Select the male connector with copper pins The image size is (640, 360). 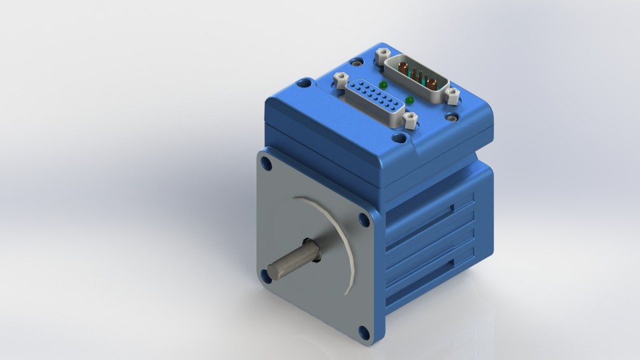tap(418, 75)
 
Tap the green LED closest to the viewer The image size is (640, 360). tap(409, 100)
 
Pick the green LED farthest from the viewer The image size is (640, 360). tap(383, 85)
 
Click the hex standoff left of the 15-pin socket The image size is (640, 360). tap(339, 78)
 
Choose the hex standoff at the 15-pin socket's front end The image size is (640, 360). tap(409, 120)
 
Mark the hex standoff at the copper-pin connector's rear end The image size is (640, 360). tap(382, 51)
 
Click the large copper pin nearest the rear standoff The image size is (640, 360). tap(404, 65)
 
